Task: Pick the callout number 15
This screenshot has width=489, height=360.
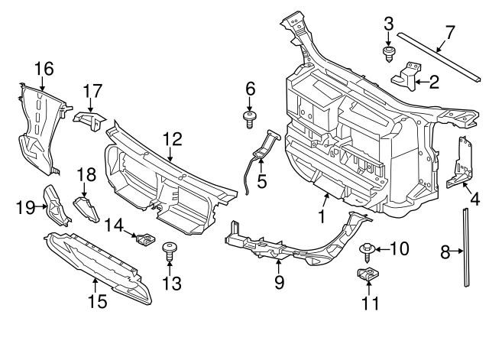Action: point(96,302)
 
